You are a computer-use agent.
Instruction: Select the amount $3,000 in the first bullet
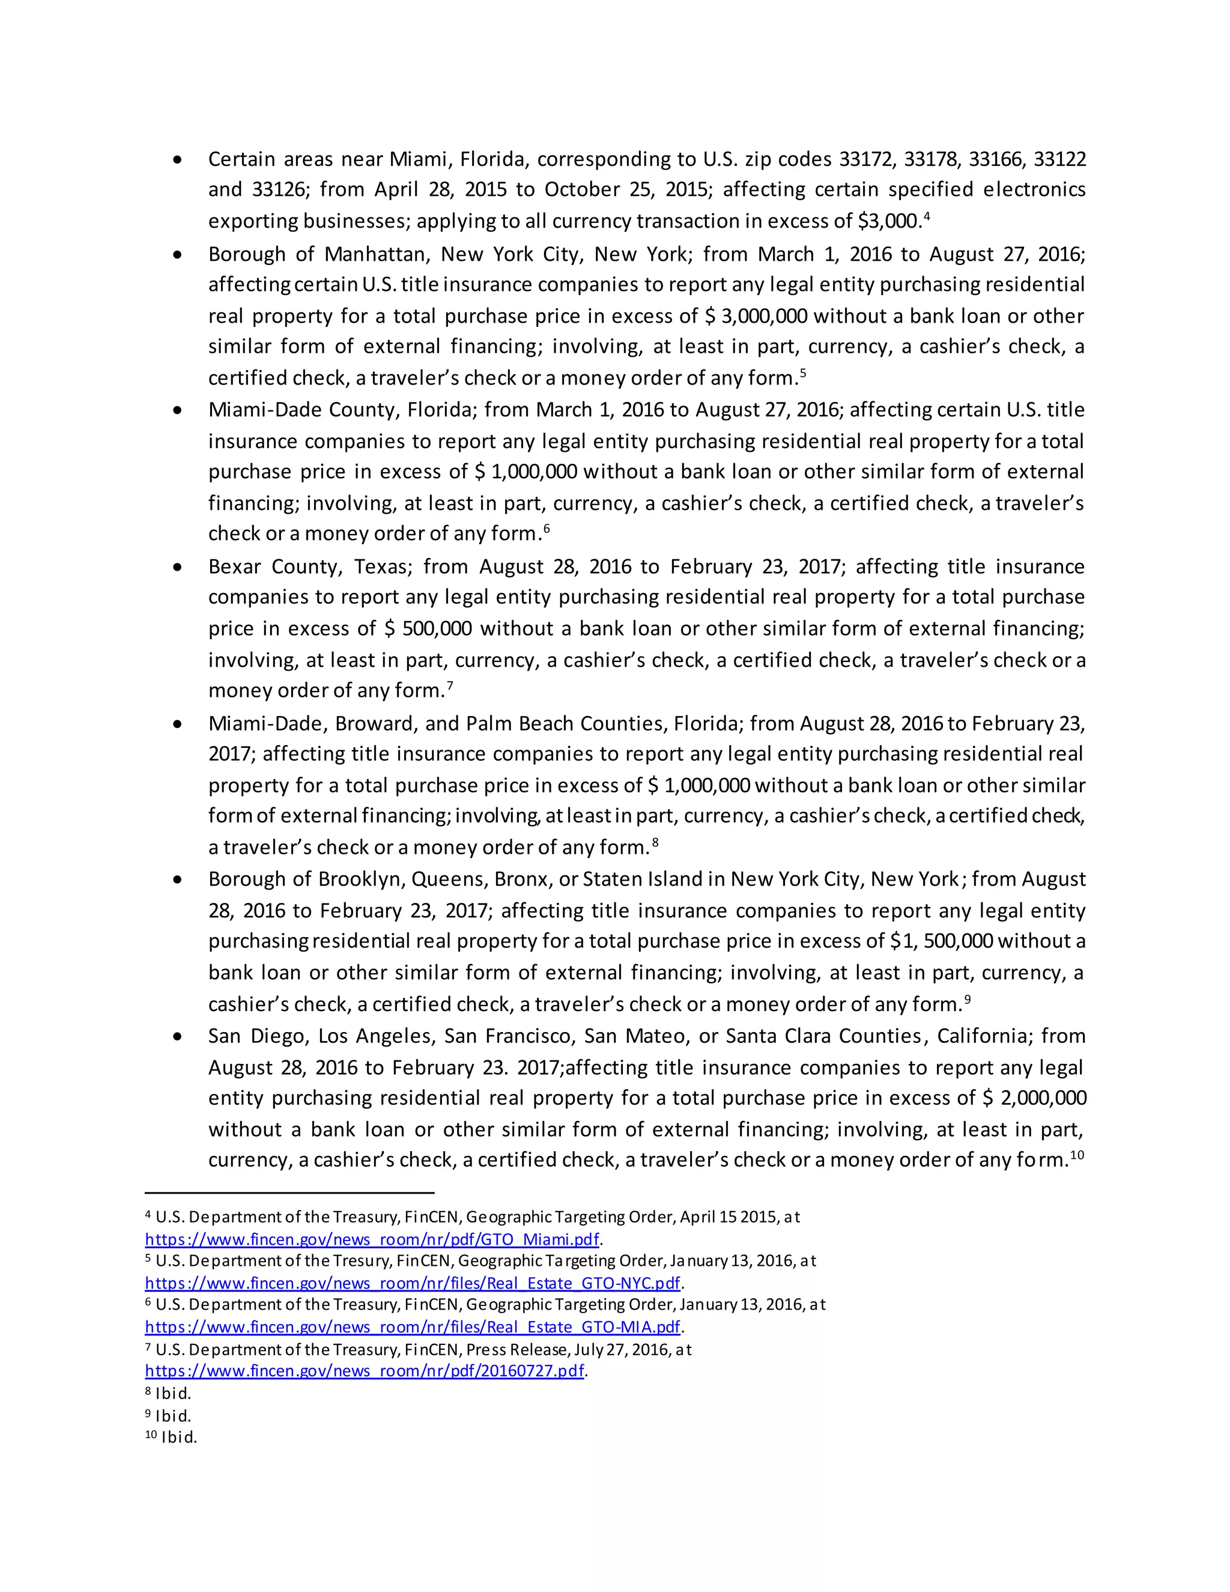889,221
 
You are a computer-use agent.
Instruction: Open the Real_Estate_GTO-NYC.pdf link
413,1283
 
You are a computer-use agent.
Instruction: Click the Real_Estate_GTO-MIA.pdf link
413,1326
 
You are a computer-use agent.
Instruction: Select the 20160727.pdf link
365,1370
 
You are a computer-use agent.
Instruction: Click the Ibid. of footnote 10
178,1438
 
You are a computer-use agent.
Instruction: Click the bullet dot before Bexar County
177,567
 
